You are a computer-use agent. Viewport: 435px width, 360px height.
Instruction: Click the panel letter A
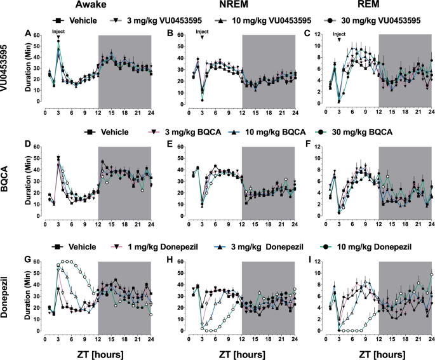27,33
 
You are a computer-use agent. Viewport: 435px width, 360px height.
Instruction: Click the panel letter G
27,259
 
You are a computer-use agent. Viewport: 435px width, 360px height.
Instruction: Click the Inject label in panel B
202,32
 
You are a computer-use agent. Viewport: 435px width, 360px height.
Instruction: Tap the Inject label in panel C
340,34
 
